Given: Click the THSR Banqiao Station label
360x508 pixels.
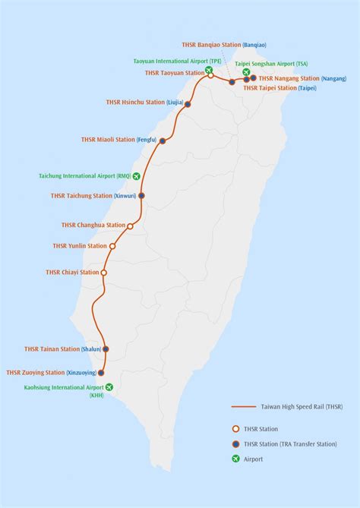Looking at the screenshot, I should pyautogui.click(x=214, y=45).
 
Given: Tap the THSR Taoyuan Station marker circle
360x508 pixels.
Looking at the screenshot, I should pyautogui.click(x=210, y=75).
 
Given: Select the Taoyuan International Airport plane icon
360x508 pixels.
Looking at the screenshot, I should pyautogui.click(x=208, y=69).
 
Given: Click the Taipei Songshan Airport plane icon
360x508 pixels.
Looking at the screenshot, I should pyautogui.click(x=246, y=72).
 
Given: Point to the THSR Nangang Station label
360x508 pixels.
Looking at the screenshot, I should pyautogui.click(x=289, y=78).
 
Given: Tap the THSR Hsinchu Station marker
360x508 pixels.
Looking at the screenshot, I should pyautogui.click(x=188, y=103).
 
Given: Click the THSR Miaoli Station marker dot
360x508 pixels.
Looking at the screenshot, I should pyautogui.click(x=163, y=140).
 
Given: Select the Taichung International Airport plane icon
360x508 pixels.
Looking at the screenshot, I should pyautogui.click(x=137, y=176).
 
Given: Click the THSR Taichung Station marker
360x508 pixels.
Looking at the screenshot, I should pyautogui.click(x=142, y=195).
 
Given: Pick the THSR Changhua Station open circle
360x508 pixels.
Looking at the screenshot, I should pyautogui.click(x=130, y=226).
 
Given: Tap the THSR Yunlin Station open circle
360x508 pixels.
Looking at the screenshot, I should pyautogui.click(x=112, y=246).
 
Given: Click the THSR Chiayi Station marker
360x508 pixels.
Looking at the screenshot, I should pyautogui.click(x=104, y=273).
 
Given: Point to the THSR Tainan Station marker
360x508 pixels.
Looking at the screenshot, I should pyautogui.click(x=106, y=349).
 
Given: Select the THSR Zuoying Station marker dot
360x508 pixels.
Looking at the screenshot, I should pyautogui.click(x=101, y=373).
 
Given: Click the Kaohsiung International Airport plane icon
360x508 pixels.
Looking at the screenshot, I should pyautogui.click(x=109, y=387).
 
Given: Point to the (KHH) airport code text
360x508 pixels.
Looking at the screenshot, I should pyautogui.click(x=96, y=395).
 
